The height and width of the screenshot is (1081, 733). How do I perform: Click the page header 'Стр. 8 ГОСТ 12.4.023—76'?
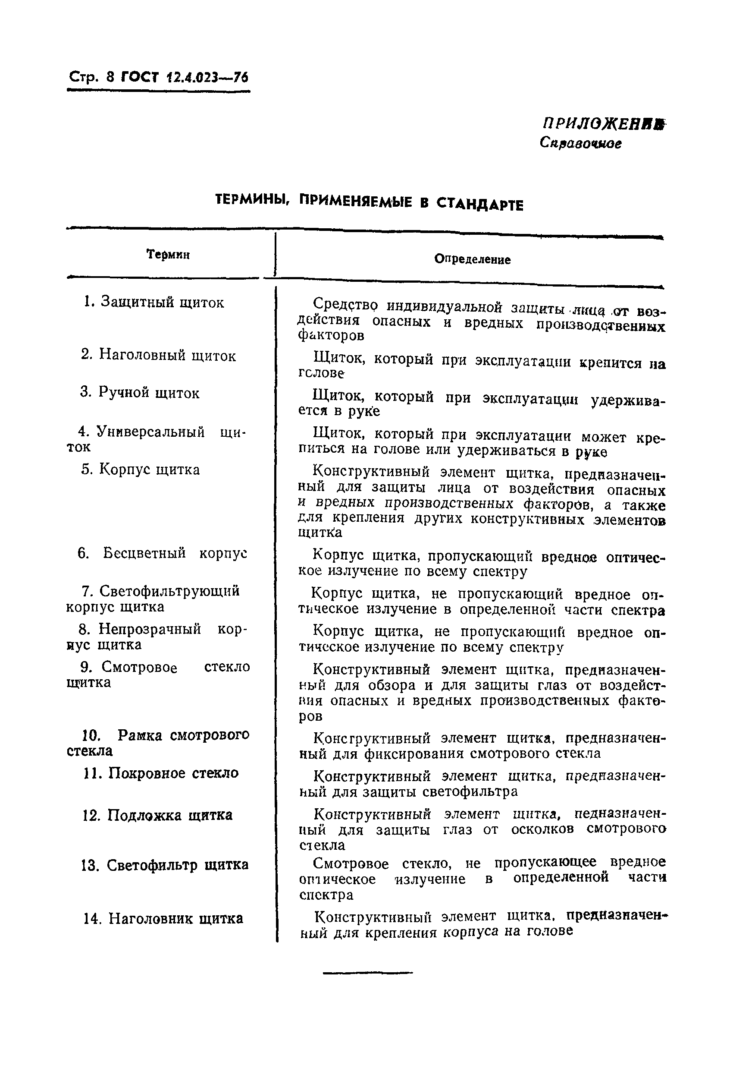[158, 77]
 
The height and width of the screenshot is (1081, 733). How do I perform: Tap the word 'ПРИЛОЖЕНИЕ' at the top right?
[603, 124]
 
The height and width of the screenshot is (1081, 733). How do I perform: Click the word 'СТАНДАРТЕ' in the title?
[479, 204]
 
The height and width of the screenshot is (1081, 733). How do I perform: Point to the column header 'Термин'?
[168, 255]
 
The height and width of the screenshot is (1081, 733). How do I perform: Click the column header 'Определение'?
[472, 259]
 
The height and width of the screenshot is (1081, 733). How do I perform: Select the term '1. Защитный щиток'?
[154, 303]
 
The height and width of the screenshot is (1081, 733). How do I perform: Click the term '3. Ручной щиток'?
[139, 393]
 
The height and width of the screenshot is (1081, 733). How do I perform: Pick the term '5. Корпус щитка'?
[141, 470]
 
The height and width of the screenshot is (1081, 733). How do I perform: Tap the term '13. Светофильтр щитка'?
[165, 865]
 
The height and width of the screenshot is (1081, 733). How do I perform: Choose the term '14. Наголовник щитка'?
[163, 919]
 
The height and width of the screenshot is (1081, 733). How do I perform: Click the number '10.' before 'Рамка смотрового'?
[91, 736]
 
